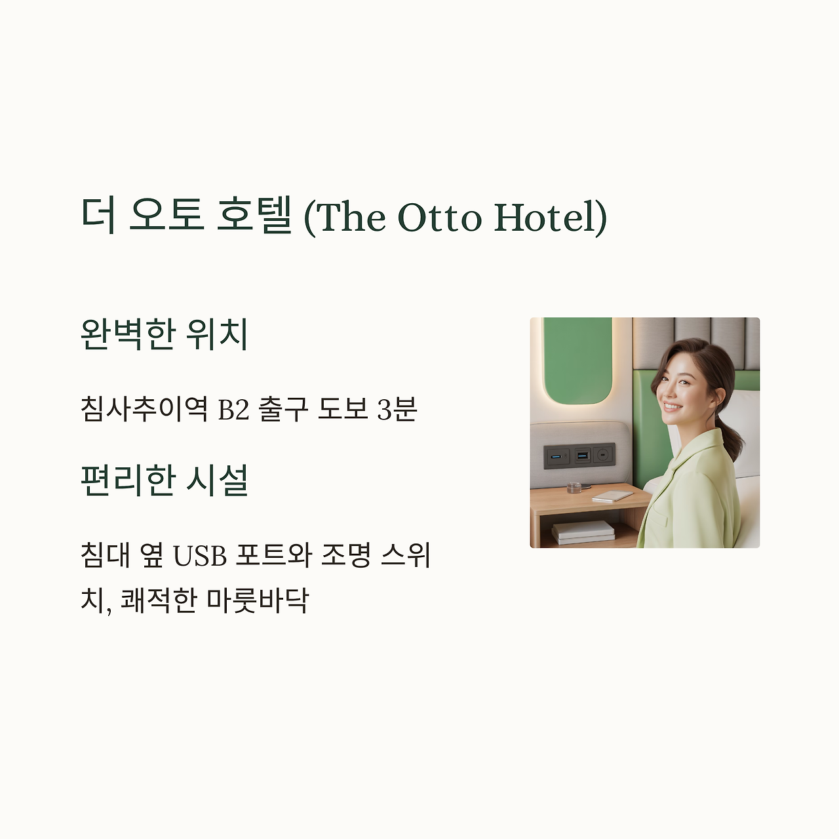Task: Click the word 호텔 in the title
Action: click(254, 216)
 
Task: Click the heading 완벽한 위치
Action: click(164, 334)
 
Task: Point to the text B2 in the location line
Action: click(233, 410)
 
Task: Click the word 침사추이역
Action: click(144, 409)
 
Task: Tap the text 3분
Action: click(397, 410)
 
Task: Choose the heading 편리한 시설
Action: click(164, 480)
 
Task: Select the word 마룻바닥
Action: click(257, 600)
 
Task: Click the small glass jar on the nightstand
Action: click(574, 488)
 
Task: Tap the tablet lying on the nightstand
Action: click(612, 496)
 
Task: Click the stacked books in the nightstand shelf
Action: click(583, 532)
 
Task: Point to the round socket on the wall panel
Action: click(603, 454)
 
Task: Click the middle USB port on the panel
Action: click(582, 454)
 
